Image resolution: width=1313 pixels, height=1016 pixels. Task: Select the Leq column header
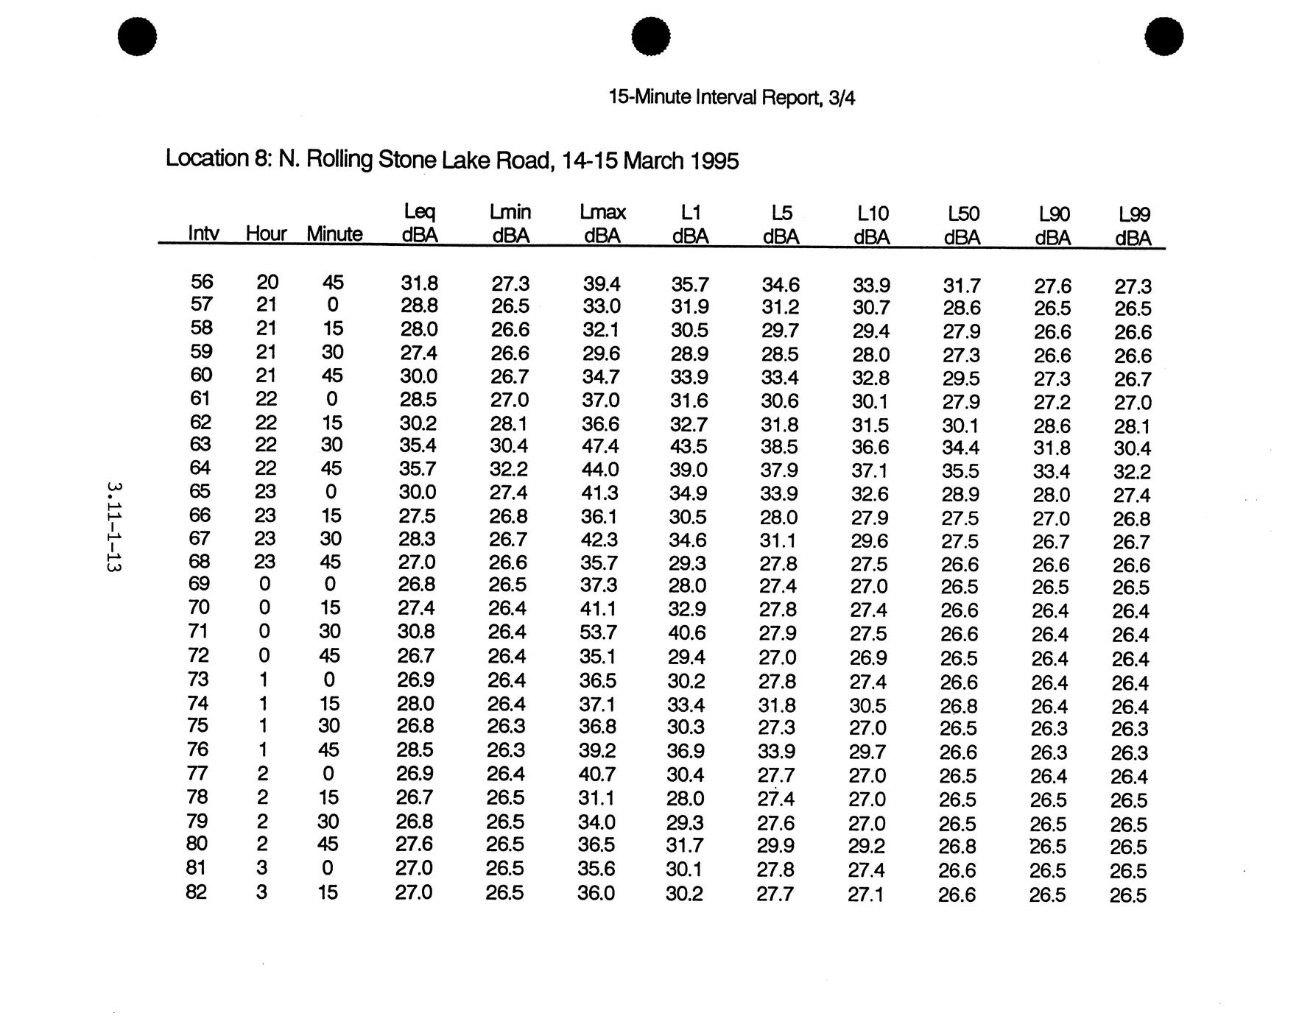(x=419, y=223)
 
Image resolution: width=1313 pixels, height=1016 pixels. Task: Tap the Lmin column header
(x=510, y=223)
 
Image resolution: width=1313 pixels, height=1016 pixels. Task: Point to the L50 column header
(x=962, y=225)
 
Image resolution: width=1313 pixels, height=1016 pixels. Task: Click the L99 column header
(x=1133, y=225)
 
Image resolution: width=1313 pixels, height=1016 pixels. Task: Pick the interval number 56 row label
(x=201, y=282)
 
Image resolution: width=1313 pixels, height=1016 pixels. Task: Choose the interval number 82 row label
(x=196, y=892)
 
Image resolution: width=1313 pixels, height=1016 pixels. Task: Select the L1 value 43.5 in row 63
(x=689, y=446)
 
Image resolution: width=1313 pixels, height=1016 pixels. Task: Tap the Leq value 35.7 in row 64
(x=418, y=469)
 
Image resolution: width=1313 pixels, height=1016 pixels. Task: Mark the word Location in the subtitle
(x=206, y=158)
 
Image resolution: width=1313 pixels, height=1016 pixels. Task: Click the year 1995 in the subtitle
(x=714, y=161)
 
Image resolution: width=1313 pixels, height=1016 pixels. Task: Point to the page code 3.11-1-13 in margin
(x=114, y=527)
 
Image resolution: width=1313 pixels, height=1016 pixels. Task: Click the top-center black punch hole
(x=651, y=36)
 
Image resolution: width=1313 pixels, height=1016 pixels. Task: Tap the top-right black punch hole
(x=1164, y=36)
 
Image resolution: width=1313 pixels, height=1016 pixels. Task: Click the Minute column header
(x=334, y=234)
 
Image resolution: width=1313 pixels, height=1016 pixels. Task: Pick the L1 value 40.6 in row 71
(x=687, y=632)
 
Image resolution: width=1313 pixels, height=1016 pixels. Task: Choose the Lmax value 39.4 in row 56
(x=601, y=283)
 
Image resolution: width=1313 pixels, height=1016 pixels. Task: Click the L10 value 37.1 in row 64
(x=870, y=470)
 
